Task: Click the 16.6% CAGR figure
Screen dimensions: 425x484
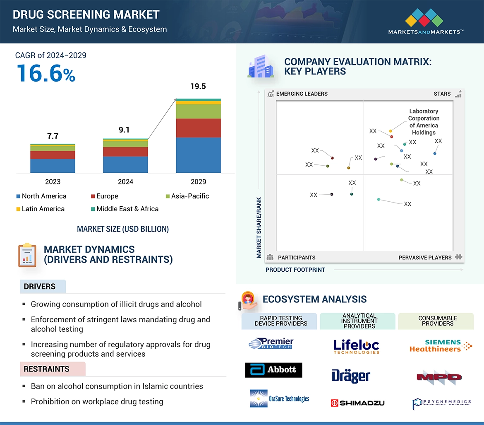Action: click(x=46, y=73)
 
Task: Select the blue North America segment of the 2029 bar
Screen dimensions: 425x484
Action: click(x=198, y=155)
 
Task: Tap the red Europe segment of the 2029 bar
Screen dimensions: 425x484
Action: click(x=198, y=128)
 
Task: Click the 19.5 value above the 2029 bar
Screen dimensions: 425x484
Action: click(x=198, y=87)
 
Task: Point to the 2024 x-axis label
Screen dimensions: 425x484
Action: click(x=125, y=181)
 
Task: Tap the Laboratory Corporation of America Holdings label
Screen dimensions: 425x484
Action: click(x=424, y=122)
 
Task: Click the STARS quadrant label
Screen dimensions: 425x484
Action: click(x=442, y=94)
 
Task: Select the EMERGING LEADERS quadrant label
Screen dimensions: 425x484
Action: click(x=302, y=94)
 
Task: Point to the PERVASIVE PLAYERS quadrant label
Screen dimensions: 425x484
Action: click(x=425, y=257)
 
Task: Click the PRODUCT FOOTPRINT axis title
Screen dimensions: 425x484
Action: click(x=295, y=270)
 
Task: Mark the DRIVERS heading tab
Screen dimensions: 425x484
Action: click(x=40, y=287)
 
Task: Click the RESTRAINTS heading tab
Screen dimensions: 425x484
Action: click(x=46, y=369)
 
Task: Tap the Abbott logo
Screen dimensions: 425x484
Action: click(x=273, y=370)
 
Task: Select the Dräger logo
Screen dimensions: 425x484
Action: click(x=351, y=376)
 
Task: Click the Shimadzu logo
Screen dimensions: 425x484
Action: click(x=358, y=403)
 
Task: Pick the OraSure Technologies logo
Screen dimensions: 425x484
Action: click(x=280, y=398)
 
